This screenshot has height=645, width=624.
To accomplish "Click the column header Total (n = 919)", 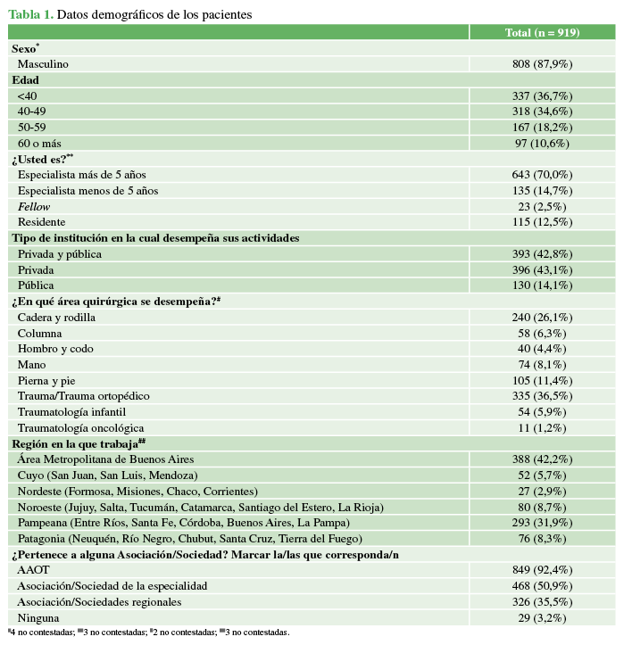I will [542, 32].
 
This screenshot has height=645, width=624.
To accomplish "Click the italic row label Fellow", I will [34, 206].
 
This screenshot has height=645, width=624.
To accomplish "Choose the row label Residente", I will [41, 222].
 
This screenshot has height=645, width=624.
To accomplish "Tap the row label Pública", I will [37, 285].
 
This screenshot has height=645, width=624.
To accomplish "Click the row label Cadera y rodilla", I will [56, 317].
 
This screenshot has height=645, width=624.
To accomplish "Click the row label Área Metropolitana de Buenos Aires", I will [105, 459].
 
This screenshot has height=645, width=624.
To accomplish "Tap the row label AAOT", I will [34, 569].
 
